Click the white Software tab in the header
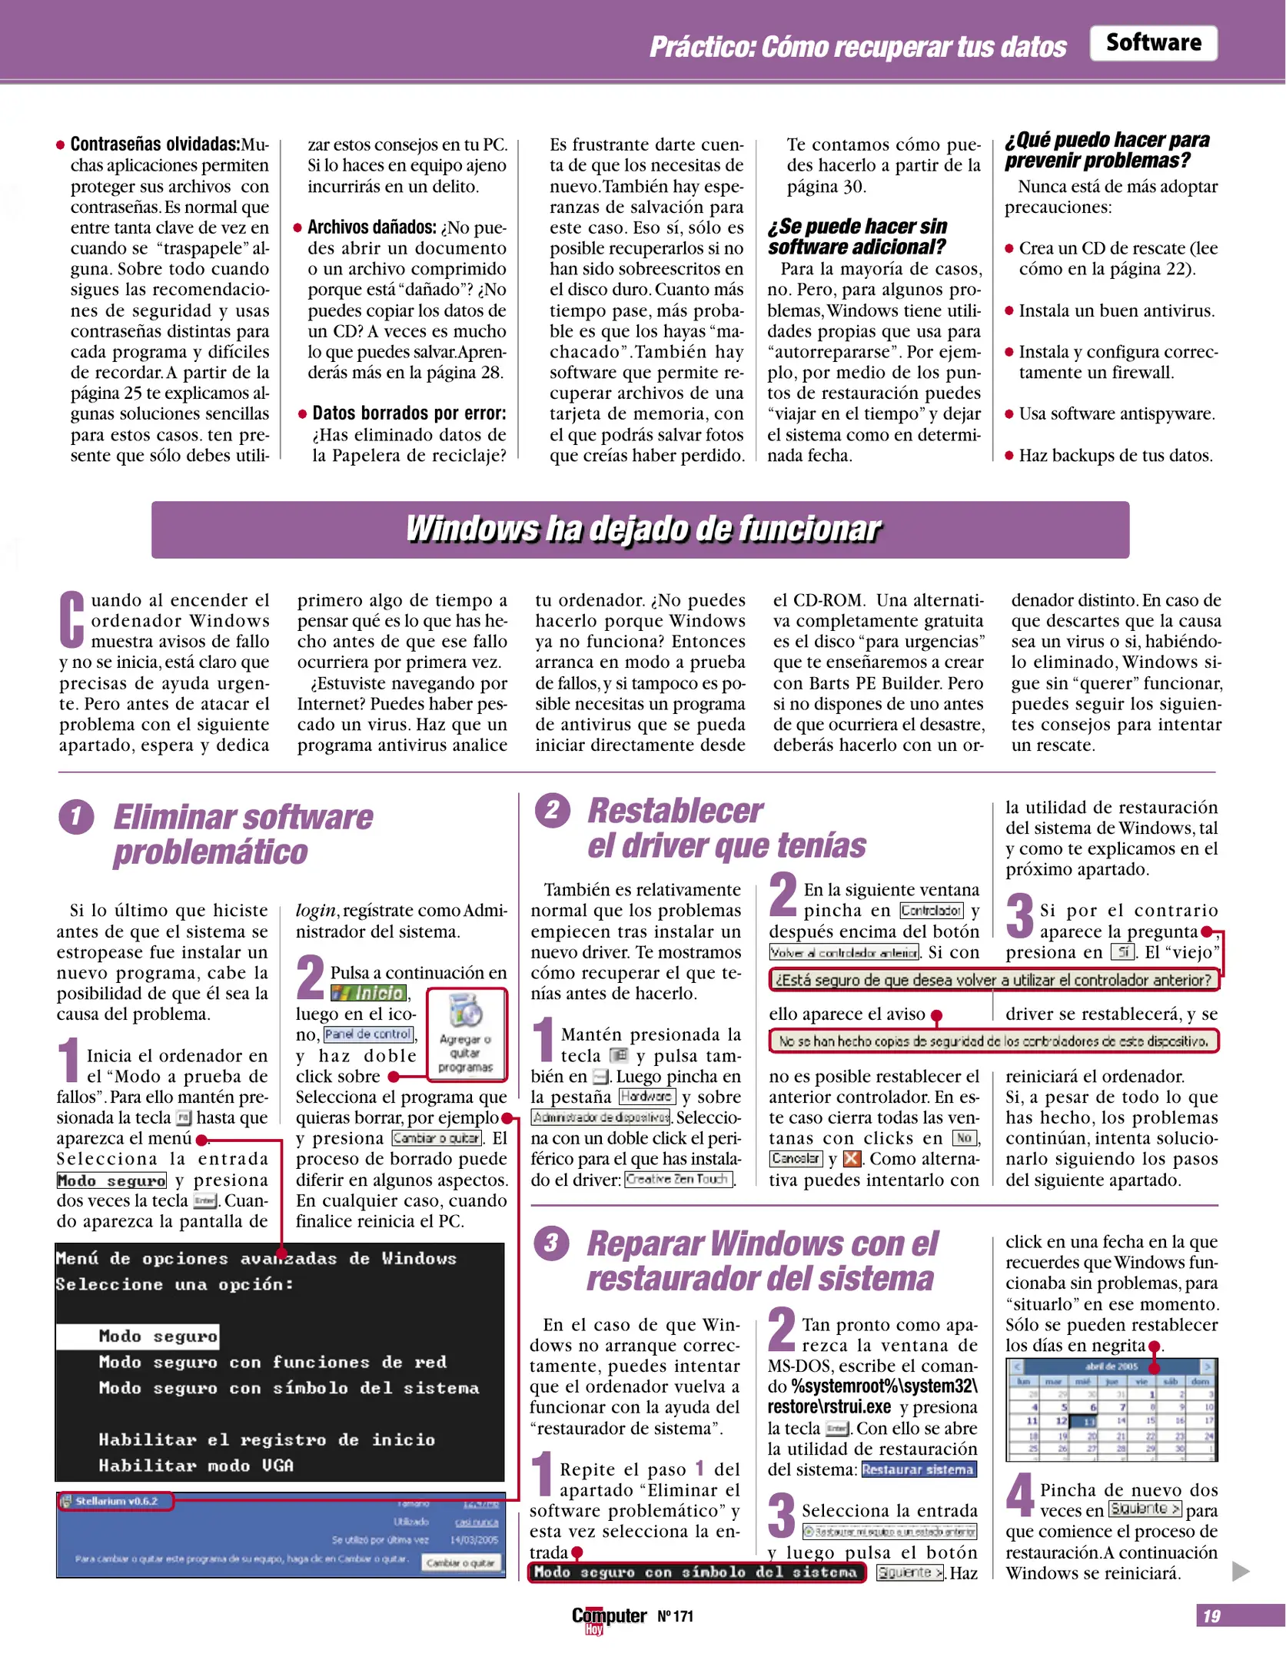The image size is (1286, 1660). click(1152, 43)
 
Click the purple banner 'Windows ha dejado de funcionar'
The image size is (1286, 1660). click(640, 530)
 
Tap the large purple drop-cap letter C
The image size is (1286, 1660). click(71, 619)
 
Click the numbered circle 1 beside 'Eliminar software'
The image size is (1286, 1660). click(76, 817)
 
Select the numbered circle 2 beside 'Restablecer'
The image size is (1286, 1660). click(552, 811)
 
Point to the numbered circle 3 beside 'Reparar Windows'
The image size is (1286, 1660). click(551, 1243)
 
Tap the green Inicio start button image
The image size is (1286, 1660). click(369, 994)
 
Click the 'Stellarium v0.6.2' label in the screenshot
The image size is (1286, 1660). click(115, 1501)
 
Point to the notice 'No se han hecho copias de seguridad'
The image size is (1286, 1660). click(993, 1041)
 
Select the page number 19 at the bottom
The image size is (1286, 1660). click(1211, 1616)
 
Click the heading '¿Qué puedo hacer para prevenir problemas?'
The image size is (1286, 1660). click(1107, 150)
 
